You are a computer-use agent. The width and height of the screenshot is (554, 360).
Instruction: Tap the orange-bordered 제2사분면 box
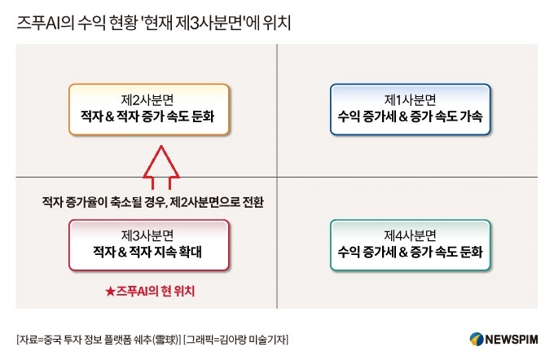coord(149,109)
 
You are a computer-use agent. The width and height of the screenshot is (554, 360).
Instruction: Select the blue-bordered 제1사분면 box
coord(410,109)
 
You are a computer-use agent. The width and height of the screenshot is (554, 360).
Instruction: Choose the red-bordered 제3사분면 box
coord(149,245)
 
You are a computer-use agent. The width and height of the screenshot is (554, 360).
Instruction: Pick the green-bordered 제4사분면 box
coord(410,245)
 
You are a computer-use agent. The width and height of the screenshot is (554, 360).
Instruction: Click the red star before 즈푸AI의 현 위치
coord(110,292)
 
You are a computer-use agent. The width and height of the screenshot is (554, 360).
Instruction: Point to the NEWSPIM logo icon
coord(477,339)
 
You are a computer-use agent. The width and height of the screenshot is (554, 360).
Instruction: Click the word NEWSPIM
coord(512,340)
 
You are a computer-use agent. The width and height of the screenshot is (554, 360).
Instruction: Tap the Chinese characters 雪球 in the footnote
coord(166,340)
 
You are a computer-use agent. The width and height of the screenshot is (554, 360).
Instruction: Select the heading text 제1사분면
coord(410,100)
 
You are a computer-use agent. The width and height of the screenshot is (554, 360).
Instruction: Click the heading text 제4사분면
coord(410,235)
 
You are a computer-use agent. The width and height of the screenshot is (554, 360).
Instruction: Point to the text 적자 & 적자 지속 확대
coord(147,252)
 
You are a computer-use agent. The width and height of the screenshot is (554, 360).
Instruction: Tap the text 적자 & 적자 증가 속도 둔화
coord(147,116)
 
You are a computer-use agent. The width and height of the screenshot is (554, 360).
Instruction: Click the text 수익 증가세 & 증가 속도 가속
coord(410,116)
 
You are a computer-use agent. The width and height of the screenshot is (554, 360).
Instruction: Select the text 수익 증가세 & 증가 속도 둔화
coord(410,252)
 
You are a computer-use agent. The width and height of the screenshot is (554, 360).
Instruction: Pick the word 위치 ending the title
coord(277,23)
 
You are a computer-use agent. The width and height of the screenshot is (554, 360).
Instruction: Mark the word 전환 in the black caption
coord(253,202)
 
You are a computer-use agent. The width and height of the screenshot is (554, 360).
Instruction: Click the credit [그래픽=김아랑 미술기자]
coord(236,340)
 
